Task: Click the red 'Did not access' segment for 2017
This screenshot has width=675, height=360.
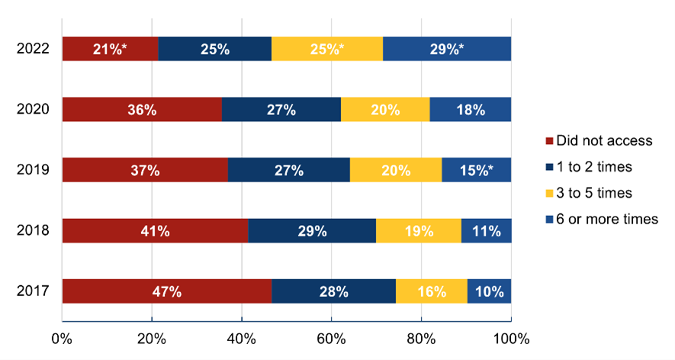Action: [x=166, y=291]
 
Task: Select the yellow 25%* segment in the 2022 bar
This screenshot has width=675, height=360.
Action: [x=326, y=49]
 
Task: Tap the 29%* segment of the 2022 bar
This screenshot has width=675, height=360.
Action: [x=446, y=49]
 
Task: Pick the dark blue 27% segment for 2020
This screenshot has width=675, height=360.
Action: [x=281, y=109]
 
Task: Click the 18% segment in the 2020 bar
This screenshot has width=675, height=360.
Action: [x=470, y=109]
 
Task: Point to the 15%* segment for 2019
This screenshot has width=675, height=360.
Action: [x=476, y=170]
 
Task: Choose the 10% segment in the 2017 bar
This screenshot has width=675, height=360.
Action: [x=489, y=291]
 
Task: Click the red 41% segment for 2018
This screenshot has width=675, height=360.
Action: [x=155, y=230]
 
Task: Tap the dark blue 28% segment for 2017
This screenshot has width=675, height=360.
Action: [x=333, y=291]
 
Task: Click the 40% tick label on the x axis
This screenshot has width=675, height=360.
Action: [x=241, y=337]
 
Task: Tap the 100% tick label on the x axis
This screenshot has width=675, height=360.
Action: [x=510, y=337]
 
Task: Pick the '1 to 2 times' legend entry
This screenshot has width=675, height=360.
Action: [x=590, y=166]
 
